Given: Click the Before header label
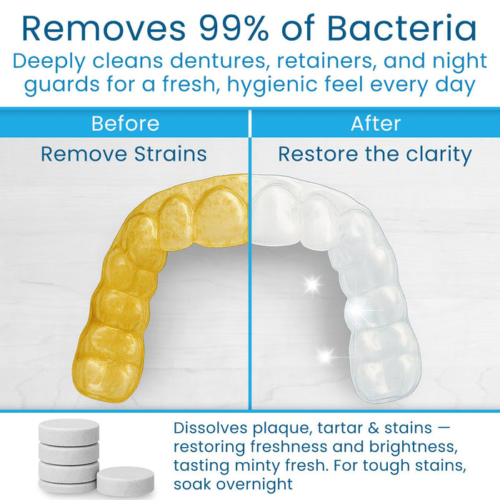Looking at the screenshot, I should click(125, 124).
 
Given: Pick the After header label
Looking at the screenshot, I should click(375, 124).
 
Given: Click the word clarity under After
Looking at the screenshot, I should click(438, 154).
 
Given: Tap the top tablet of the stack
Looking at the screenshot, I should click(69, 430).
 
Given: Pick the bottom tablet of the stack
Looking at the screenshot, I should click(69, 486).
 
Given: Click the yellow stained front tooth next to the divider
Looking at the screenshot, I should click(221, 215).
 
